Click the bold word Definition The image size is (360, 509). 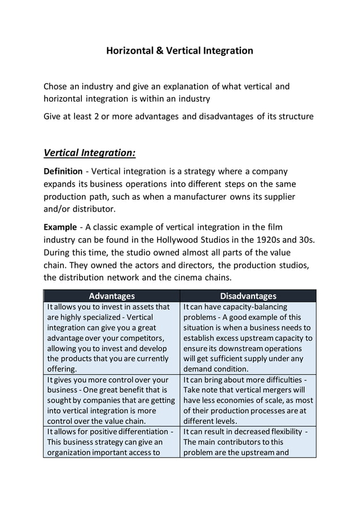(x=63, y=171)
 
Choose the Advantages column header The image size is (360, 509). (x=112, y=296)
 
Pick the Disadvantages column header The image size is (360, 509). (x=248, y=296)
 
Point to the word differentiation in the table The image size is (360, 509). (x=137, y=432)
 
